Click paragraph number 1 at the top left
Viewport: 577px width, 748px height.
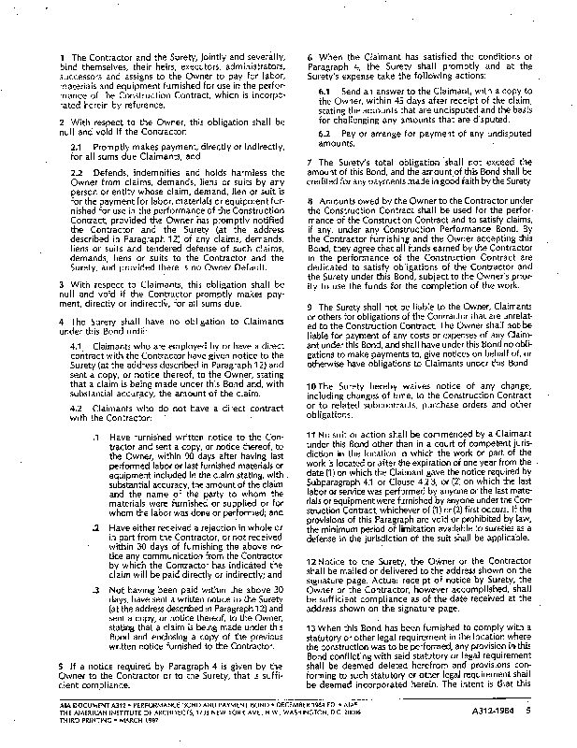(x=61, y=58)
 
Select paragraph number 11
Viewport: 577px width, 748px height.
(x=312, y=436)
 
